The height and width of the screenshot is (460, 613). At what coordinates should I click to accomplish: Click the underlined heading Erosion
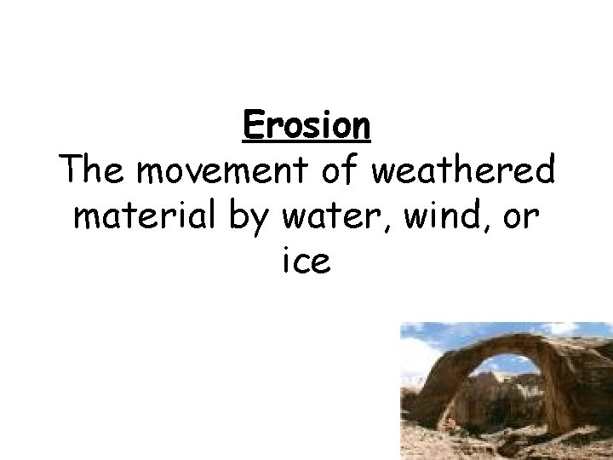coord(306,127)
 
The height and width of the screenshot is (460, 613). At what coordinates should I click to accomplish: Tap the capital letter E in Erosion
coord(252,127)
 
